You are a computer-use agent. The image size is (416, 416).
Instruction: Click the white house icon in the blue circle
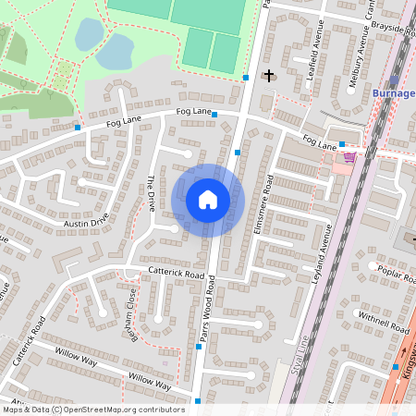[x=208, y=199]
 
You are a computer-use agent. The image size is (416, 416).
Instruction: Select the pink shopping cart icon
[x=349, y=157]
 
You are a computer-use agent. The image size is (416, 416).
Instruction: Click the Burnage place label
[x=393, y=94]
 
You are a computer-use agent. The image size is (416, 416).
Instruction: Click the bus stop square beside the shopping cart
[x=341, y=144]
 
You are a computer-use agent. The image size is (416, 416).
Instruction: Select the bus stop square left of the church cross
[x=246, y=78]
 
